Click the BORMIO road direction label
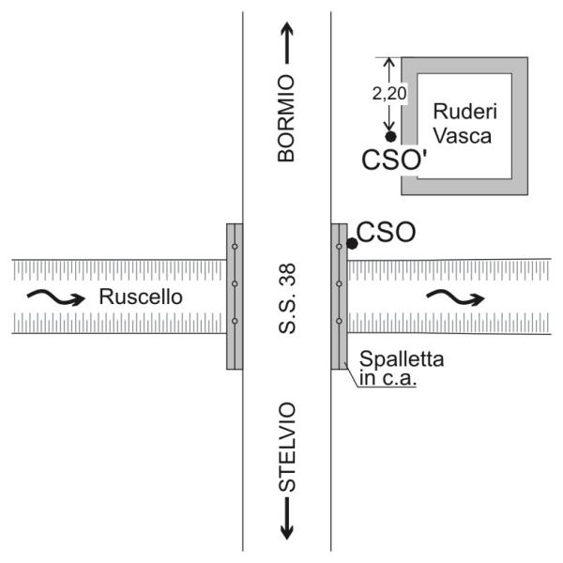pos(287,119)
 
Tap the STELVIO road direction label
pos(287,448)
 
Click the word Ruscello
pos(140,297)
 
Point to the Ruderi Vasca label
pos(463,122)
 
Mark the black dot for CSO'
pos(390,136)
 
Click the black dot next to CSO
pos(352,243)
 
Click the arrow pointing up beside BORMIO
pos(287,42)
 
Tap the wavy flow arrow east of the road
pos(455,297)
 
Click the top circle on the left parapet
pos(235,247)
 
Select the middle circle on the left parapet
pos(235,283)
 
